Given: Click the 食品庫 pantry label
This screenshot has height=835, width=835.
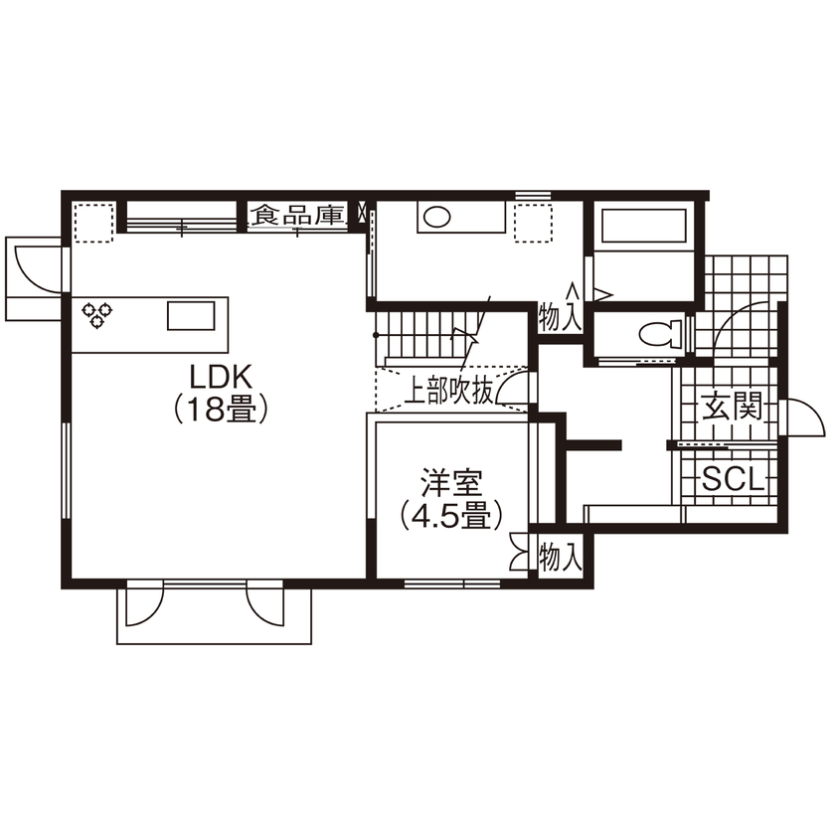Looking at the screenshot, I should [297, 215].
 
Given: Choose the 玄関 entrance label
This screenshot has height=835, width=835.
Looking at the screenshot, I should [734, 408].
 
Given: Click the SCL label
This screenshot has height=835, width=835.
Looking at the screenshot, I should [734, 481].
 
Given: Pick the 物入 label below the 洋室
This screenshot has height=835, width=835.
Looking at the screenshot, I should [560, 558].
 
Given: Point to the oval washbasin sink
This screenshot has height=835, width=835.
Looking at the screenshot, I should [436, 216].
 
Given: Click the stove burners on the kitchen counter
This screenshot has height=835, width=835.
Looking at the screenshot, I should [96, 314].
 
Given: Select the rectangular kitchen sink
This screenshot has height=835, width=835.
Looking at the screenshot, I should [190, 315].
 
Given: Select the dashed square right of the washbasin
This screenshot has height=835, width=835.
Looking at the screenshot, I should [534, 222].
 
